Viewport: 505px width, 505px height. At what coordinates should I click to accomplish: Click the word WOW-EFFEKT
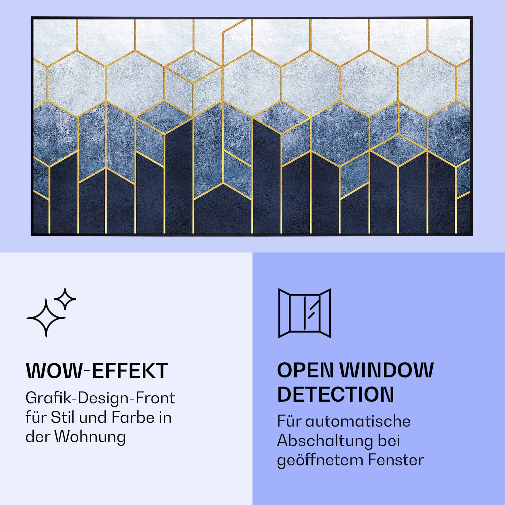pos(97,371)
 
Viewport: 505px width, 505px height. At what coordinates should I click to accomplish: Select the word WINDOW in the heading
pos(386,370)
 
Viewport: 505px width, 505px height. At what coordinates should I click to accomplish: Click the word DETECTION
pos(335,394)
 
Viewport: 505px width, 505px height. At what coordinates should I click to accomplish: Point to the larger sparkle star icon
pos(46,317)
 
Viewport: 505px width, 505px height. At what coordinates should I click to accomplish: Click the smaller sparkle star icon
pos(65,299)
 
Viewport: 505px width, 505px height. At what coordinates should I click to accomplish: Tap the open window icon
pos(305,313)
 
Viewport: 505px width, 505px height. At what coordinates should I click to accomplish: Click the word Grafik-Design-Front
pos(100,398)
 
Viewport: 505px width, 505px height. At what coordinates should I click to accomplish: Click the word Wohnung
pos(90,437)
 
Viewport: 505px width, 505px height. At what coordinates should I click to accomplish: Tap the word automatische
pos(358,421)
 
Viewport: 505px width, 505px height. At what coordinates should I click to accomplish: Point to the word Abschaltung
pos(325,441)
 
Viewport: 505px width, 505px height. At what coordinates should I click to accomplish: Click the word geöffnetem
pos(320,460)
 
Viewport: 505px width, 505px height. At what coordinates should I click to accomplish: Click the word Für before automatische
pos(289,421)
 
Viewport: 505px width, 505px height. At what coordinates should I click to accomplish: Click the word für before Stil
pos(36,417)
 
